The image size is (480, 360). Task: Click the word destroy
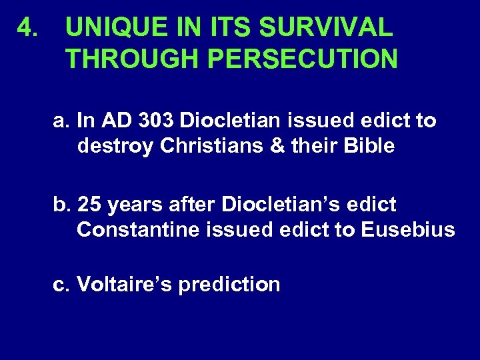pyautogui.click(x=116, y=145)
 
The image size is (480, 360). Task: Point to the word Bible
pyautogui.click(x=371, y=145)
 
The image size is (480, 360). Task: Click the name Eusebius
pyautogui.click(x=408, y=229)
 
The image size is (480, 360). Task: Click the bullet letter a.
pyautogui.click(x=62, y=121)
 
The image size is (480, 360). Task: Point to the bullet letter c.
pyautogui.click(x=62, y=285)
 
